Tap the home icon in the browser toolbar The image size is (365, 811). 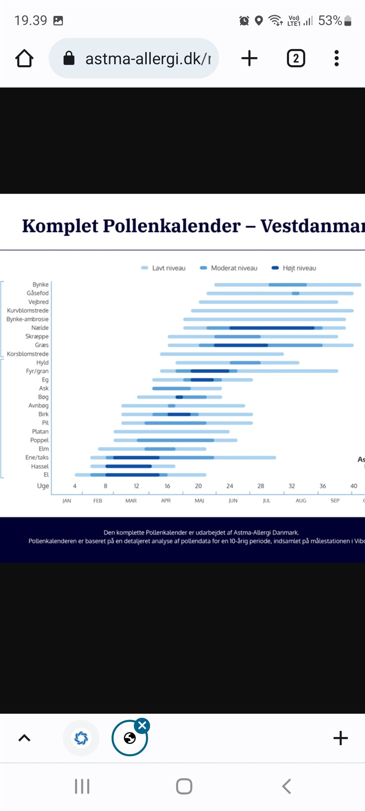(24, 59)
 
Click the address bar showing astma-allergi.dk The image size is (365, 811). (135, 59)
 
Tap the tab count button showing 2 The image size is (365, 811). (296, 59)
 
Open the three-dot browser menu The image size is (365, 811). (336, 59)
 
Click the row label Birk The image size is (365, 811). (44, 414)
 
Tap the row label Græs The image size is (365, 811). (42, 345)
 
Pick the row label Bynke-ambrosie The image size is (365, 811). (27, 319)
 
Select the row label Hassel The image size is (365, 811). (40, 466)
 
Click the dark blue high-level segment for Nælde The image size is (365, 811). (272, 328)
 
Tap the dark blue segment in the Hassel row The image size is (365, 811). (129, 466)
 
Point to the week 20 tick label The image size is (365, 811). (198, 486)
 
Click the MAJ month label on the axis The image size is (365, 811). (199, 501)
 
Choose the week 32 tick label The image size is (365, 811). (292, 486)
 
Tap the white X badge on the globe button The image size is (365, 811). (143, 725)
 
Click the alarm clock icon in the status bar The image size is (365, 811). (244, 21)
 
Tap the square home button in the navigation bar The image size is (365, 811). (184, 786)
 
